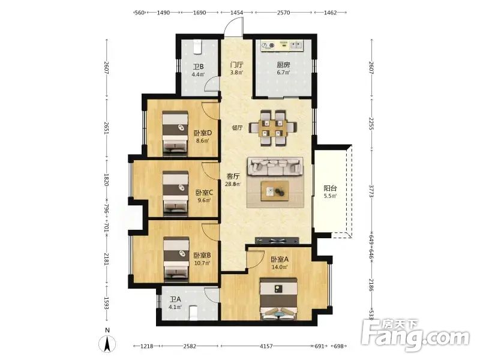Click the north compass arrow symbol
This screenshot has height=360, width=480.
(x=107, y=344)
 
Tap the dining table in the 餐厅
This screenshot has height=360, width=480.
(x=273, y=128)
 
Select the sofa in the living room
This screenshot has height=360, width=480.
(x=275, y=167)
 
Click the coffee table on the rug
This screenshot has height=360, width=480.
(x=275, y=191)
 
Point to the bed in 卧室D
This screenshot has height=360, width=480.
(x=175, y=132)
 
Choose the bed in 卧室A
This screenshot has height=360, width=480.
(x=278, y=299)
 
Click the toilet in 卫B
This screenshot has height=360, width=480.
(x=198, y=46)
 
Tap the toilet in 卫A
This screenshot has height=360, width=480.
(x=193, y=313)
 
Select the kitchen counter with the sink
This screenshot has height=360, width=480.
(x=281, y=46)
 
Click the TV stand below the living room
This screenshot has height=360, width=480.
(x=277, y=241)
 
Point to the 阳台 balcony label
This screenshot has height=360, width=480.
(x=330, y=188)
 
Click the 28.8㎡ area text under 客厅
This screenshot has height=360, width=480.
(x=233, y=184)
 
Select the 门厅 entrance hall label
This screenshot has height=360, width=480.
(x=236, y=65)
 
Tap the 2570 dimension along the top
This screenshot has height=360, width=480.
(x=283, y=13)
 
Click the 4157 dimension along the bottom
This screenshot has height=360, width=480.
(x=266, y=346)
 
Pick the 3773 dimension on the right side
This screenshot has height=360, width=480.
(x=371, y=191)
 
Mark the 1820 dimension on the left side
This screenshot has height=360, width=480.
(x=106, y=179)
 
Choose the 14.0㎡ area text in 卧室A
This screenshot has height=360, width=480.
(x=279, y=267)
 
